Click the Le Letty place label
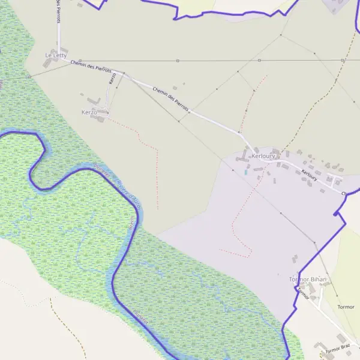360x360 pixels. pos(55,55)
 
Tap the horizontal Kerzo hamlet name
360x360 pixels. pos(89,112)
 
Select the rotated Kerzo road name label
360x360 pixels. pos(112,78)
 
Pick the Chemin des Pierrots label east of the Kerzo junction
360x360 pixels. pos(170,99)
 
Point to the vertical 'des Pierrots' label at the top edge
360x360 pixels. pos(58,12)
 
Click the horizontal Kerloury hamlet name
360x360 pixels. pos(263,156)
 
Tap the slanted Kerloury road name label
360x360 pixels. pos(309,174)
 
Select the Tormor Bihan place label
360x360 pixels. pos(308,280)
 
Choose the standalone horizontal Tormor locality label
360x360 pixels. pos(346,307)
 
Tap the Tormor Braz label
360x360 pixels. pos(337,349)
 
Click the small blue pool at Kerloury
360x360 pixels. pos(245,172)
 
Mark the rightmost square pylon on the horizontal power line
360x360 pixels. pos(342,61)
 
